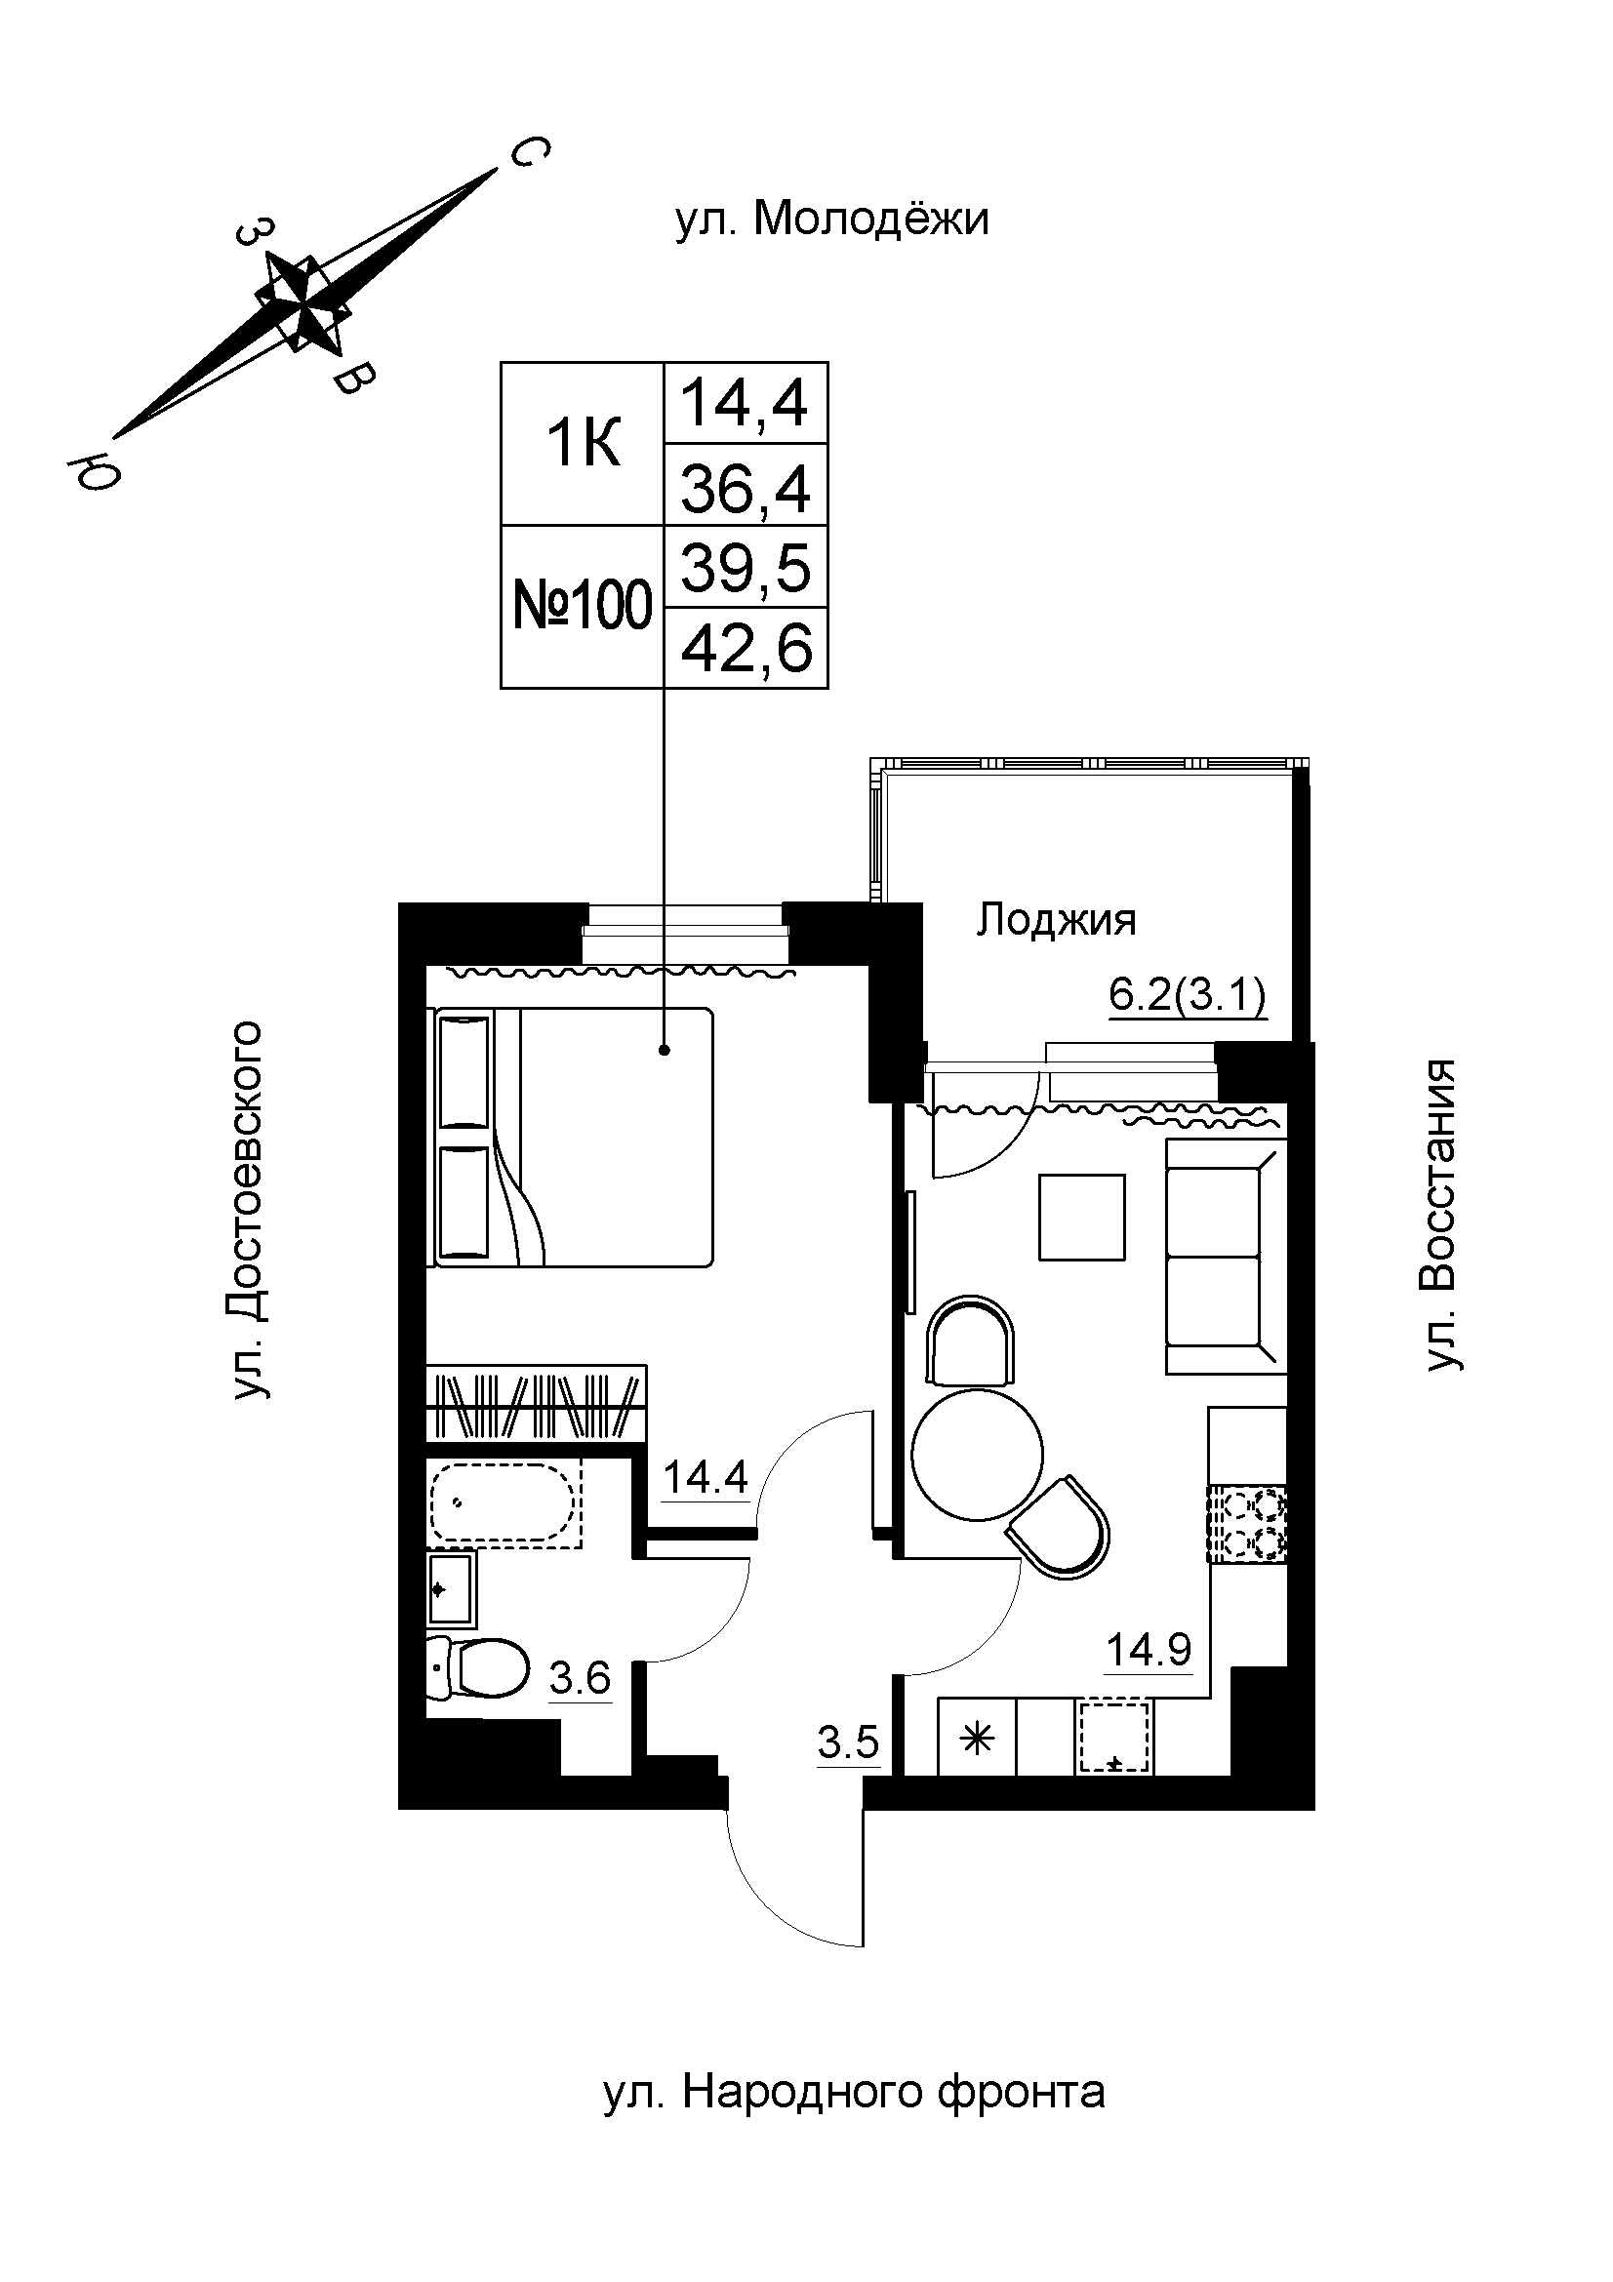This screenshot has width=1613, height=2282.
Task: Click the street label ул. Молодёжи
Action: click(831, 220)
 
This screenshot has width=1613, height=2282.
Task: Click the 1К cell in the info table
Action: click(583, 443)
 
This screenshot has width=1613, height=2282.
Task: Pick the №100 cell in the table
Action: click(583, 605)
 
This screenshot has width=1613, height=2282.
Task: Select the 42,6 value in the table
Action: click(746, 648)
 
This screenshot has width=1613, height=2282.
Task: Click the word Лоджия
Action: click(1056, 920)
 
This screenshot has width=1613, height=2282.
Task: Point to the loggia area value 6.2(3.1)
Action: click(1188, 995)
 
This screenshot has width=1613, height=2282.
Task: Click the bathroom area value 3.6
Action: click(581, 1679)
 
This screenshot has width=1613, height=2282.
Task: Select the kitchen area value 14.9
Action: click(1149, 1650)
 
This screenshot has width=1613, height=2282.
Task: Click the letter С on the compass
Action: click(529, 152)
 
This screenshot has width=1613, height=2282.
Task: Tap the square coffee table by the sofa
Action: click(1081, 1217)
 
